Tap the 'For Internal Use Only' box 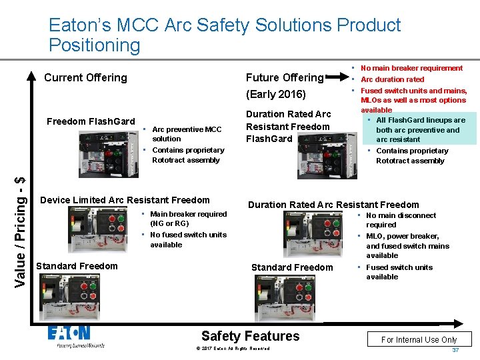pos(419,339)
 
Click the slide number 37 pos(455,350)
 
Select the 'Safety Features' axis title pos(250,336)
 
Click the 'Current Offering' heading pos(85,77)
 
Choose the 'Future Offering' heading pos(284,77)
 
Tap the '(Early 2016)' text pos(275,94)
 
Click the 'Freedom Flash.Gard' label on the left pos(91,121)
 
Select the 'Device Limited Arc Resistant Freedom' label pos(125,200)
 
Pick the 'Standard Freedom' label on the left pos(77,266)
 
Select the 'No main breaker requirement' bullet pos(411,68)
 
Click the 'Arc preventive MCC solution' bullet pos(186,134)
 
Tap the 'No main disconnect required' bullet pos(400,220)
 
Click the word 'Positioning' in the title pos(95,45)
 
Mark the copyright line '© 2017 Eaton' pos(233,349)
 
